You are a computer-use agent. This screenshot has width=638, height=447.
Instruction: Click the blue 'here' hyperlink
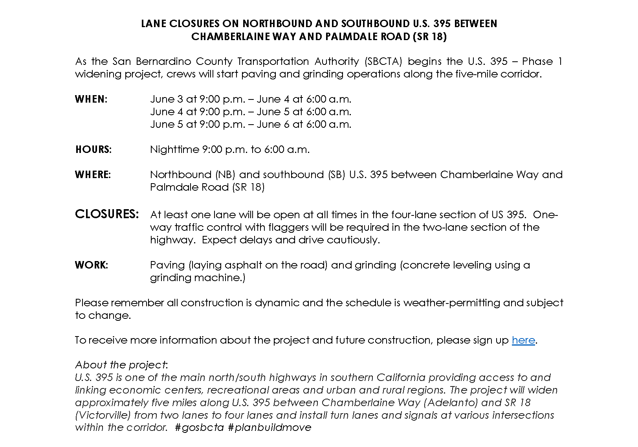523,340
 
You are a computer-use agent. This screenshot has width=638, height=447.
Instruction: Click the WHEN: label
91,99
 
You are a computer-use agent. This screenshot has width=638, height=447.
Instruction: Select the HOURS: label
93,149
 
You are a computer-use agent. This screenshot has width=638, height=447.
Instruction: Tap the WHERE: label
93,175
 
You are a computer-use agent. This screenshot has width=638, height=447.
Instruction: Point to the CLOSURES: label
107,214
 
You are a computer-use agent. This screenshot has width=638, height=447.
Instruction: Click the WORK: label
91,265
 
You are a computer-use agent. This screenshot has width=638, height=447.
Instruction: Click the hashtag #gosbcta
199,428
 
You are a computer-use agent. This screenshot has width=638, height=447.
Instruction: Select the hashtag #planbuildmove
269,428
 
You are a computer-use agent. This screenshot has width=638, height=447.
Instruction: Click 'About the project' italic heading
121,365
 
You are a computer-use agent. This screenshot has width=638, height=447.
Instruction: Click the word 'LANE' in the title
154,24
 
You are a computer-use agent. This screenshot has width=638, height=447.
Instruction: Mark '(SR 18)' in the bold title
429,37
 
